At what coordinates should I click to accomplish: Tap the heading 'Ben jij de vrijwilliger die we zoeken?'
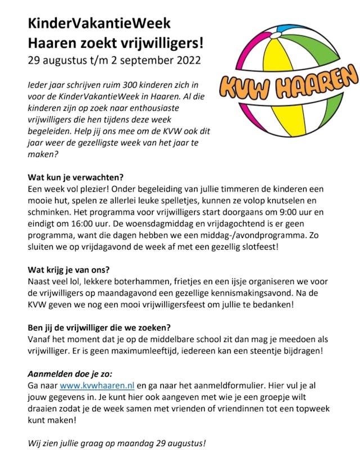click(x=107, y=328)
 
